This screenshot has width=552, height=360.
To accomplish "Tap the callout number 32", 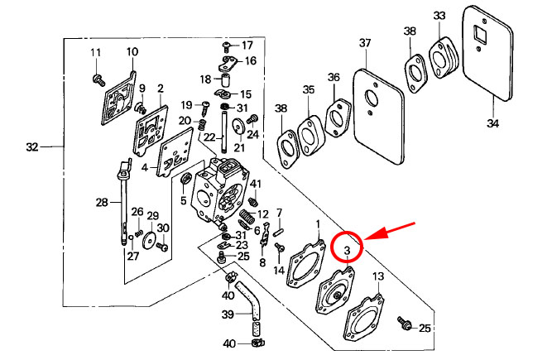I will click(x=32, y=147).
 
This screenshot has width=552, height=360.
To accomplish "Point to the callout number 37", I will click(x=365, y=43).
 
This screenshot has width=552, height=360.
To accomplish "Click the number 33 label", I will click(x=439, y=16).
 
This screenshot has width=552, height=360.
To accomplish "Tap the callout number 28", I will click(x=102, y=202).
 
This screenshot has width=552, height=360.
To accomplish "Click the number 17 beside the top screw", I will click(x=247, y=45).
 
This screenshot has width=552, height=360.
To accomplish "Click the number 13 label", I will click(x=377, y=276).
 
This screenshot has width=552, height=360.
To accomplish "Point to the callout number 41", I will click(x=256, y=184).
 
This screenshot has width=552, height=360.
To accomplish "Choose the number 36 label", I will click(x=334, y=78).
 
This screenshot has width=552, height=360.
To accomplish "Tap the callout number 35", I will click(x=309, y=89).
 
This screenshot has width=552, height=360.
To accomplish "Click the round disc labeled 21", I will click(x=238, y=127).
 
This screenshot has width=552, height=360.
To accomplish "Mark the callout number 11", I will click(x=96, y=54).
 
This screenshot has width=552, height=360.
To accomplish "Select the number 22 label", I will click(x=209, y=137).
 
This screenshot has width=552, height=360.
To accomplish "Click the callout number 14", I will click(x=278, y=270).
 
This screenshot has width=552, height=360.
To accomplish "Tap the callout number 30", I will click(x=164, y=228).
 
